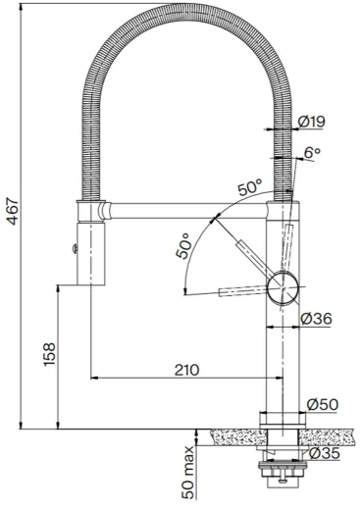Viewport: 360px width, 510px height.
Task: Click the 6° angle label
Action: tap(312, 153)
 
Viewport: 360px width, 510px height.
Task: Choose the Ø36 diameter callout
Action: tap(320, 319)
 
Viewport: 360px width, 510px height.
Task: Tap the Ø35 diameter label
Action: tap(325, 454)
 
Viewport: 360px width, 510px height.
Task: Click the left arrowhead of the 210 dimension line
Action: tap(94, 379)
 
